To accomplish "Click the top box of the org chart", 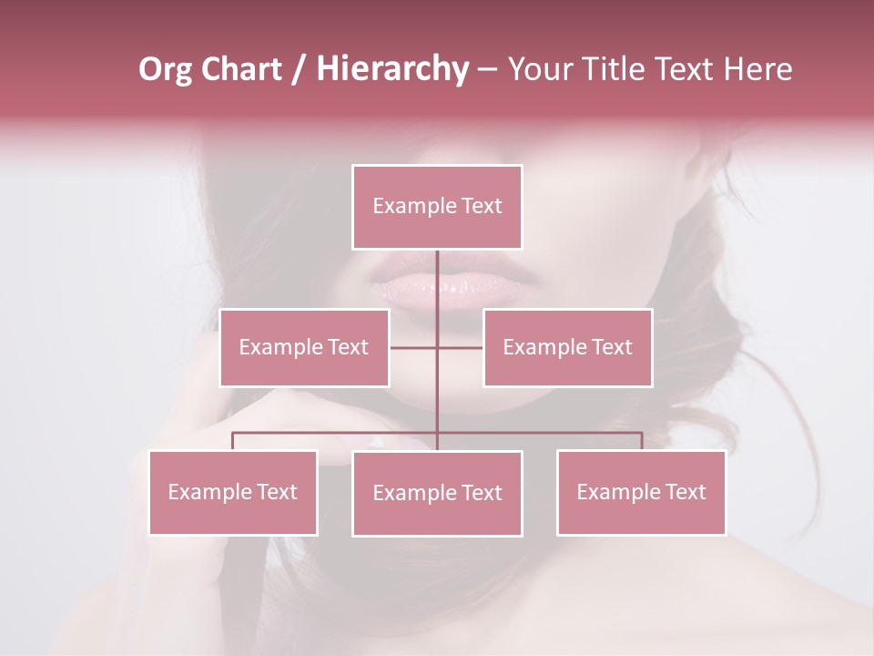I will [437, 207].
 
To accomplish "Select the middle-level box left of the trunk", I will [304, 347].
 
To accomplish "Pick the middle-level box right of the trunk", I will [567, 347].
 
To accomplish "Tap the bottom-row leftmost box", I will [233, 492].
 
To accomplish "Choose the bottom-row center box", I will [437, 493].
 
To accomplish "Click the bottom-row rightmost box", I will [641, 492].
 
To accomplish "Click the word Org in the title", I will [166, 69].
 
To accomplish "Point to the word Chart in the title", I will [240, 69].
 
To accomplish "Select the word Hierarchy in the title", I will [391, 69].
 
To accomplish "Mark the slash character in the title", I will [298, 70].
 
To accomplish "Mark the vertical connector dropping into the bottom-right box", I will [641, 441].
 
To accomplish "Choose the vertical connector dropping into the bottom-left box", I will [233, 441].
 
